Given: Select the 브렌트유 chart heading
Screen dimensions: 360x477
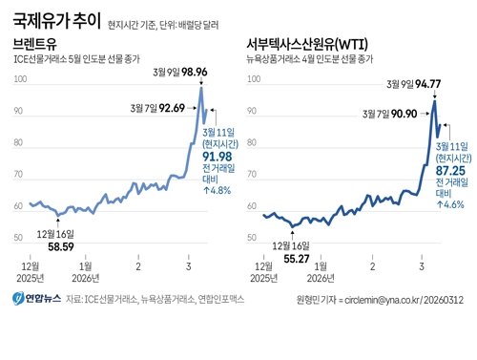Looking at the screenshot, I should pos(34,44).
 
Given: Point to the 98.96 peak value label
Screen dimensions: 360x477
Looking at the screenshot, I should pos(192,73).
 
